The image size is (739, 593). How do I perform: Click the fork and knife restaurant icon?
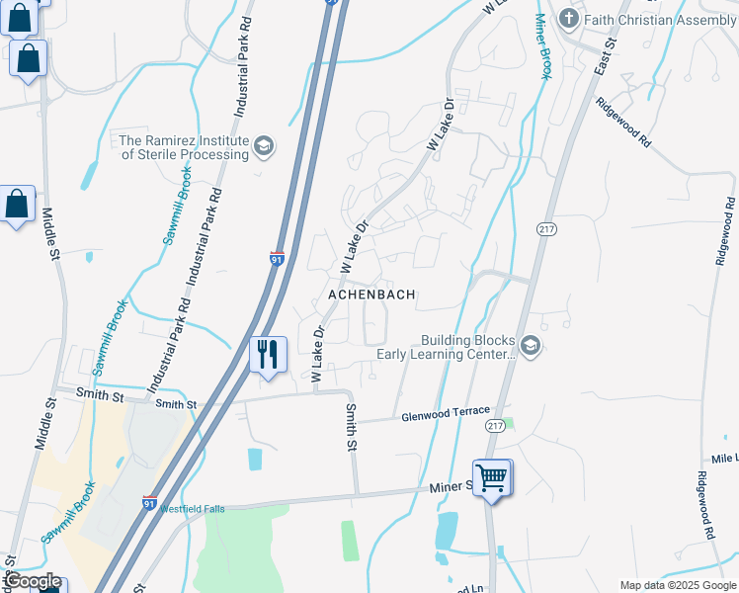(x=268, y=354)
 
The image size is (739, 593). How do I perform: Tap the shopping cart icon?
(x=491, y=477)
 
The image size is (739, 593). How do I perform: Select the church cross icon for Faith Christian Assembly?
(x=568, y=19)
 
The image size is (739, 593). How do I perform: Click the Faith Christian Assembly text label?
(x=658, y=20)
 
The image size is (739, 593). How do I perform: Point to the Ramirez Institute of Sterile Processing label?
(x=184, y=147)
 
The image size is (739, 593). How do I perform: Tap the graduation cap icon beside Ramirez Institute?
(x=263, y=147)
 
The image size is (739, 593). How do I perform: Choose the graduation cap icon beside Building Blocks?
(x=531, y=345)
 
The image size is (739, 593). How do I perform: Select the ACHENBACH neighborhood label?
(x=371, y=295)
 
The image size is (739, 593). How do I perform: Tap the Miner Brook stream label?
(x=542, y=45)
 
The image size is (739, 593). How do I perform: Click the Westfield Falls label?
(x=193, y=509)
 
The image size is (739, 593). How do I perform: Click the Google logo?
(x=32, y=581)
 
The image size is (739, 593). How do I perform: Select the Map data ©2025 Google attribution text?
(x=678, y=585)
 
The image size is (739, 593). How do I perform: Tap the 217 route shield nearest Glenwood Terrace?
(x=496, y=424)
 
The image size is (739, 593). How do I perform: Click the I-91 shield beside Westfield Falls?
(x=150, y=502)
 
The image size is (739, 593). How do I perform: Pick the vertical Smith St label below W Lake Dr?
(x=350, y=427)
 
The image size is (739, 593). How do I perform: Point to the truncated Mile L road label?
(x=724, y=460)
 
